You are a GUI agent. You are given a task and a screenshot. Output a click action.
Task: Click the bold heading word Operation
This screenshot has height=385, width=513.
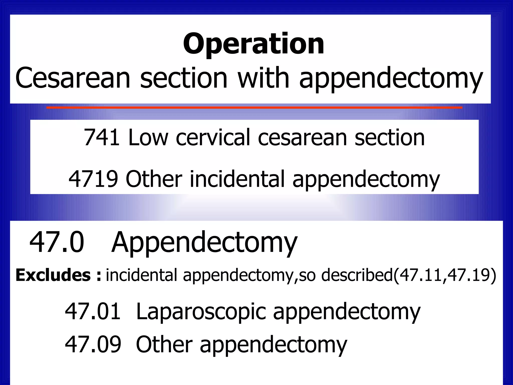253,44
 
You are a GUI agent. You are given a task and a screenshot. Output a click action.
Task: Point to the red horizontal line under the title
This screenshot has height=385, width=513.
254,108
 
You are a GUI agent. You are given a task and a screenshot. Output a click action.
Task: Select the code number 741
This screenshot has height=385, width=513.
101,137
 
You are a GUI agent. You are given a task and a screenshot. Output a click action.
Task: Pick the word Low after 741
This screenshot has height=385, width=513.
148,137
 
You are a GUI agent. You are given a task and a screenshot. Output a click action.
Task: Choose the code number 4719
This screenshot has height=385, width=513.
93,179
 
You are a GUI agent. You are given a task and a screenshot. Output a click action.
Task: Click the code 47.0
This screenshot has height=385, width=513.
57,242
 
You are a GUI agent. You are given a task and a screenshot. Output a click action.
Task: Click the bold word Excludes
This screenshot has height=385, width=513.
53,275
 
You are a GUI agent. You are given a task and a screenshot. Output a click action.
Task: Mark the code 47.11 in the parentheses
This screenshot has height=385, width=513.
421,275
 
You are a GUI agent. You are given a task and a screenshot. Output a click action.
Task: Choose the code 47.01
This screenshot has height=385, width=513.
93,311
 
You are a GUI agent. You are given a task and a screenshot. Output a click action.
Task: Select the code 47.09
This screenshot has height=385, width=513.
93,344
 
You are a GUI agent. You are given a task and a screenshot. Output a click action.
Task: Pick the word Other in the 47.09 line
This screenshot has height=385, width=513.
164,344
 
